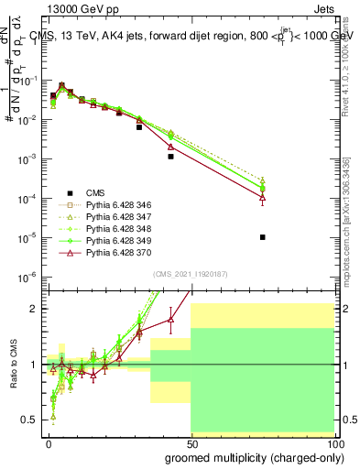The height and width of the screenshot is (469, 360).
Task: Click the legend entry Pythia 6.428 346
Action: pos(111,204)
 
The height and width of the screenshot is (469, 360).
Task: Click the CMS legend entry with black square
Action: pos(95,192)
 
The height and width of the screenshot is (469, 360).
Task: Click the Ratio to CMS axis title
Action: pos(13,364)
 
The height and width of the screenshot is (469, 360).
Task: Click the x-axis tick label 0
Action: pos(48,443)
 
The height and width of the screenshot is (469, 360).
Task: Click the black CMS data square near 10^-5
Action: pos(263,237)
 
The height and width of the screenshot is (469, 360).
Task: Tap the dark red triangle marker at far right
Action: pos(263,197)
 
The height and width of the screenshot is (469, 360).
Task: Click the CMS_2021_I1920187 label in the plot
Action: pos(189,273)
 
